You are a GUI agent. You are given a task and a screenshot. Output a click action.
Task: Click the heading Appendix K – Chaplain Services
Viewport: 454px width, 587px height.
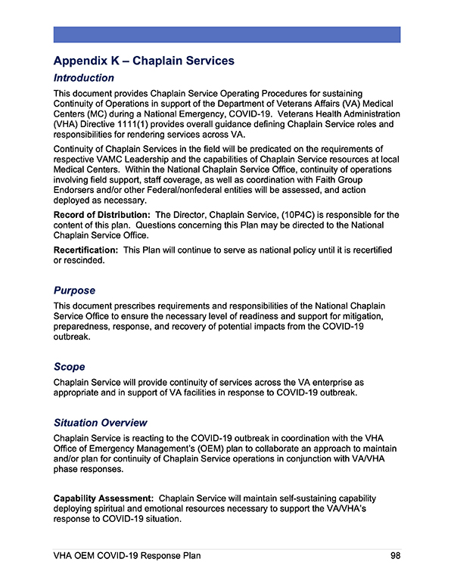click(144, 61)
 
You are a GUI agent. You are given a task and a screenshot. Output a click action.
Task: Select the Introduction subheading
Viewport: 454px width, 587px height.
click(83, 78)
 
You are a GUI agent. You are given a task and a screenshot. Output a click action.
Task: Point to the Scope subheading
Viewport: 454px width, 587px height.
click(69, 367)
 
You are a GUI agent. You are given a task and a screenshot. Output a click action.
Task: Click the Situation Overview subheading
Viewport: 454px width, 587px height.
click(100, 423)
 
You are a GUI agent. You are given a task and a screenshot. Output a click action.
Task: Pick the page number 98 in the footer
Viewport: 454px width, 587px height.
click(395, 556)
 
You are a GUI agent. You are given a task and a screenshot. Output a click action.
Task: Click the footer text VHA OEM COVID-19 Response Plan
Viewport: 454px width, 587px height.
click(126, 556)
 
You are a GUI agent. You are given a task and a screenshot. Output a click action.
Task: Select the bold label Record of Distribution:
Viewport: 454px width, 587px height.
click(101, 216)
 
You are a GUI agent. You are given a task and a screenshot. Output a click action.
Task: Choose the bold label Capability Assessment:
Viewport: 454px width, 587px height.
click(104, 498)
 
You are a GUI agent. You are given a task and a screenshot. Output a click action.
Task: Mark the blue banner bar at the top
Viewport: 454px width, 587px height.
click(226, 34)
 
